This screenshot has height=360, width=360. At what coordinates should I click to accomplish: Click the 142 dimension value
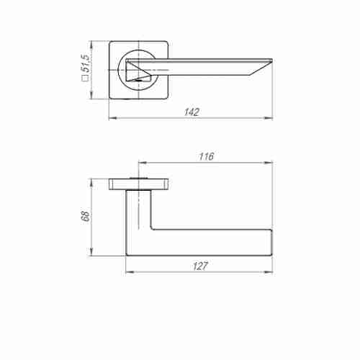click(192, 112)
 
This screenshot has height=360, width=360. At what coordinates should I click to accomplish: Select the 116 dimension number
click(206, 156)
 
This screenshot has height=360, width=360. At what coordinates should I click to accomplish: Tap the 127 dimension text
click(200, 266)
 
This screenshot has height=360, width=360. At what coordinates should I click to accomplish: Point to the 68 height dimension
click(86, 216)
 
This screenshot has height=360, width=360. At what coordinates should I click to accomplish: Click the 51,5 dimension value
click(85, 63)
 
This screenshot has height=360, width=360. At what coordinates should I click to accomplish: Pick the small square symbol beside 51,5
click(85, 78)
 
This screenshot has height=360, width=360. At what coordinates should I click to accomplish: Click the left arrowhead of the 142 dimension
click(113, 118)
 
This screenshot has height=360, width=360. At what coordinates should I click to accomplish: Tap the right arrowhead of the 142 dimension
click(269, 118)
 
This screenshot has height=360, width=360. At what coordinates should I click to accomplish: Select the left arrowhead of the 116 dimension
click(143, 163)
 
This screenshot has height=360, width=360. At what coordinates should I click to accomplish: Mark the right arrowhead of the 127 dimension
click(269, 272)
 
